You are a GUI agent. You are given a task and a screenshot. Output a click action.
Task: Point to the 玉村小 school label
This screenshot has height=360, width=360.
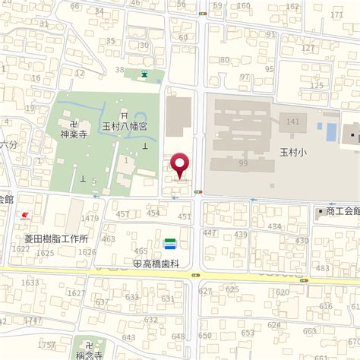[290, 152]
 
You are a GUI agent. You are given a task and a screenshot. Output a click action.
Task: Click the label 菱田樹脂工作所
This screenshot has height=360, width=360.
[50, 238]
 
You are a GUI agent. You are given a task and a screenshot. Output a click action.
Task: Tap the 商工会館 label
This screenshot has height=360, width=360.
[342, 211]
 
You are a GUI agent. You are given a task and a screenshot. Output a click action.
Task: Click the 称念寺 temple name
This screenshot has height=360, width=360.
[90, 353]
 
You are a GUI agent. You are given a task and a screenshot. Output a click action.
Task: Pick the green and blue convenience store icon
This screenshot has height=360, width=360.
[170, 243]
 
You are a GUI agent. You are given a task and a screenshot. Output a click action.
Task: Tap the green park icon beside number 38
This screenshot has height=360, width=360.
[144, 74]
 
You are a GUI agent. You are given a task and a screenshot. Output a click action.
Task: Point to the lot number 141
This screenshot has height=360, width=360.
[293, 122]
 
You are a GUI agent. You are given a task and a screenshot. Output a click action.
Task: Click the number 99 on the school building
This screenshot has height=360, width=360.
[243, 163]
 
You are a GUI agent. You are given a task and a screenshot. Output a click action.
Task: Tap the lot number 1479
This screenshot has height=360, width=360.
[90, 218]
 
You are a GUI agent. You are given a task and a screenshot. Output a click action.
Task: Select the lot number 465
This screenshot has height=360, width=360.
[141, 251]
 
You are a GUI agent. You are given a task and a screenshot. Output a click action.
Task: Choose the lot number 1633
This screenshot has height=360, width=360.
[30, 283]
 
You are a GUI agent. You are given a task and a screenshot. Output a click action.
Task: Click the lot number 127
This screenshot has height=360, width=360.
[307, 48]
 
